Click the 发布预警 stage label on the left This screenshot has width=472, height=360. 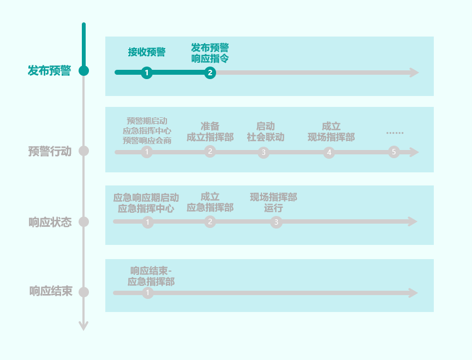coord(49,71)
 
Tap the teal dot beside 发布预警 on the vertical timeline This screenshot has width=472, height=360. coord(83,70)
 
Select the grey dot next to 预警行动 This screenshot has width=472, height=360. coord(83,151)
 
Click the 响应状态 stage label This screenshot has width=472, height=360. coord(50,222)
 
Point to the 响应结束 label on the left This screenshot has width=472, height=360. coord(50,291)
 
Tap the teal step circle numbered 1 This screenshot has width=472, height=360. coord(146,73)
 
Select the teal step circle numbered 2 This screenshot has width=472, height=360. coord(210,73)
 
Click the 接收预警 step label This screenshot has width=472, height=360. coord(147,52)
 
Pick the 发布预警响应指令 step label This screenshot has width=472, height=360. coord(210,53)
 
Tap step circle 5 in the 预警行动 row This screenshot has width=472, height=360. coord(394,152)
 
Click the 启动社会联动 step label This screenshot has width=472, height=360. coord(265,131)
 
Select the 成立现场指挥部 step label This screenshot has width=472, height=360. coord(331,131)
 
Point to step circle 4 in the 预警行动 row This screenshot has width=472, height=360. coord(328,153)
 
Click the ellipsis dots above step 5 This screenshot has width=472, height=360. coord(395,133)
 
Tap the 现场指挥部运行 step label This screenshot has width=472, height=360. coord(273,202)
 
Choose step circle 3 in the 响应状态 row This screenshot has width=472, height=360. coord(276,222)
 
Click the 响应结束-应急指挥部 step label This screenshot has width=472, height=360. coord(151,276)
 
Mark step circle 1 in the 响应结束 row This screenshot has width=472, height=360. coord(148,293)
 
